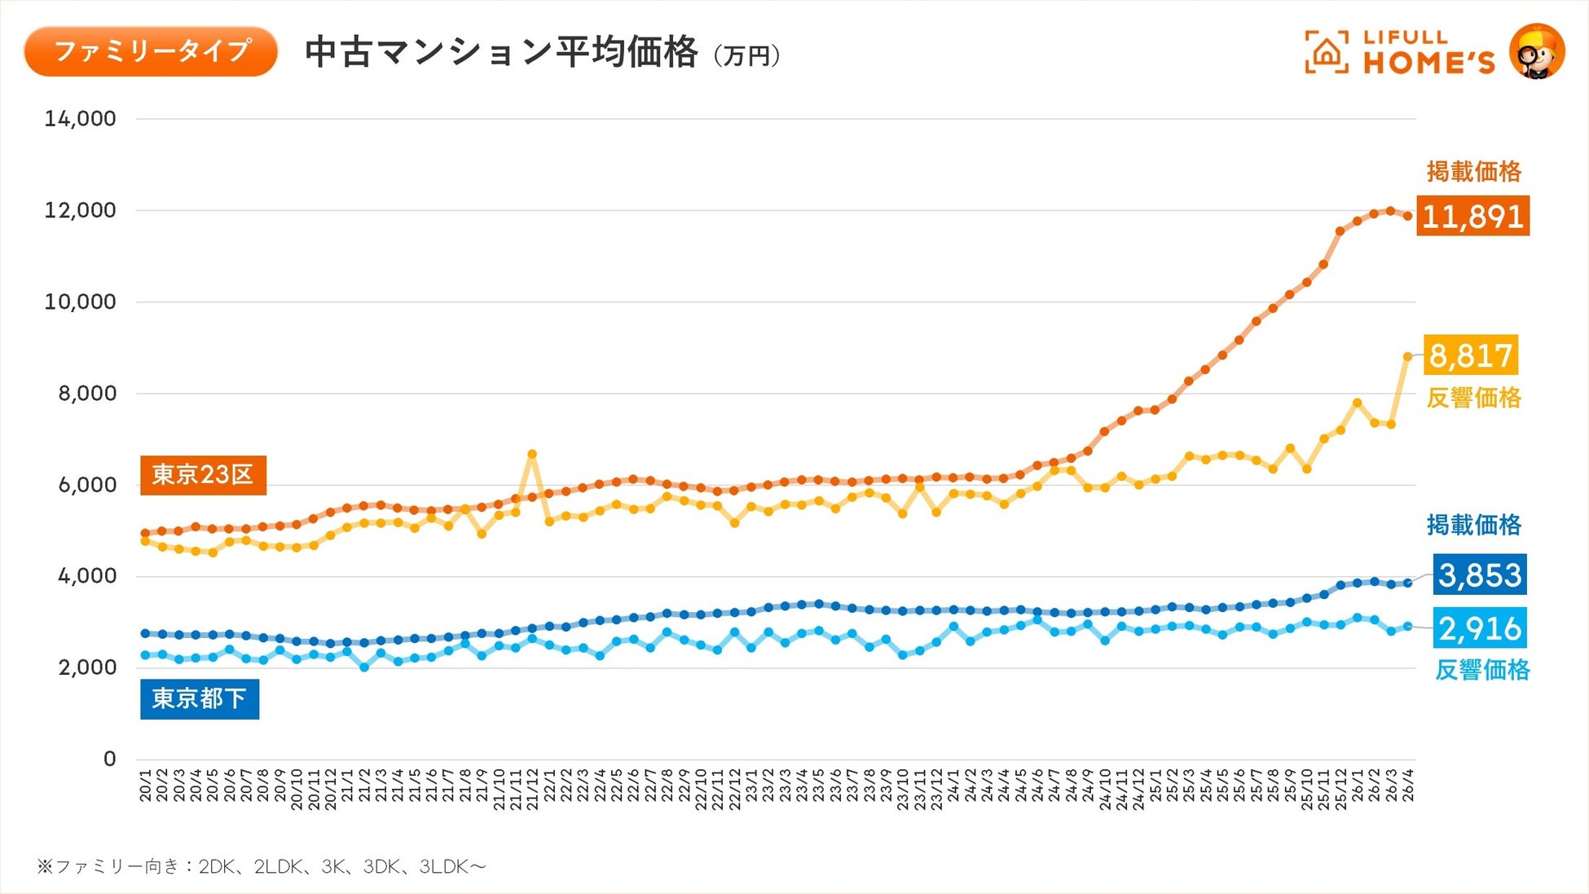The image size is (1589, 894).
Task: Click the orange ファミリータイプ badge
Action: click(x=151, y=51)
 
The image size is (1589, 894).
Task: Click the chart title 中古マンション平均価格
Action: click(x=501, y=51)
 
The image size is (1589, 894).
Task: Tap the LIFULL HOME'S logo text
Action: click(x=1428, y=52)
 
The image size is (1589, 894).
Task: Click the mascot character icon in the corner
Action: click(x=1537, y=51)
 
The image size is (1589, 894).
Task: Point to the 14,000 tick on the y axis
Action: click(x=80, y=119)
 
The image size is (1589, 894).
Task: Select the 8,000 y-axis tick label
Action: click(x=86, y=394)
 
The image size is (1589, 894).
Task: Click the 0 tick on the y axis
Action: click(x=110, y=760)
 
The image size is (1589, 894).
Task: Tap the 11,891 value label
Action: click(x=1472, y=216)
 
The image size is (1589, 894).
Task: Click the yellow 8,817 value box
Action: click(x=1471, y=355)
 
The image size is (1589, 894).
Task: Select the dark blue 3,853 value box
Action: click(x=1480, y=575)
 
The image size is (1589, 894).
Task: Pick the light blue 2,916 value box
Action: click(x=1480, y=628)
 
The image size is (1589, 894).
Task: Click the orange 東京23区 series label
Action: click(x=203, y=474)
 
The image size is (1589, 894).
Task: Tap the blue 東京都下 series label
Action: click(x=200, y=698)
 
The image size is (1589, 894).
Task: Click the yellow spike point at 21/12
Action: click(x=532, y=454)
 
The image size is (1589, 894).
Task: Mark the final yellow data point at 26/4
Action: click(x=1407, y=356)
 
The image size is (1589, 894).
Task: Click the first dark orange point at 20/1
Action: click(x=145, y=533)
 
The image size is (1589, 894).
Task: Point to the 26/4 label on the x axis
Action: click(x=1407, y=784)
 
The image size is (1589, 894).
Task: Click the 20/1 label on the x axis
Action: click(x=145, y=784)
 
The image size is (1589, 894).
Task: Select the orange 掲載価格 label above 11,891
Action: click(x=1474, y=172)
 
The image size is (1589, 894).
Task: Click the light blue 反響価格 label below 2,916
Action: click(x=1482, y=670)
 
